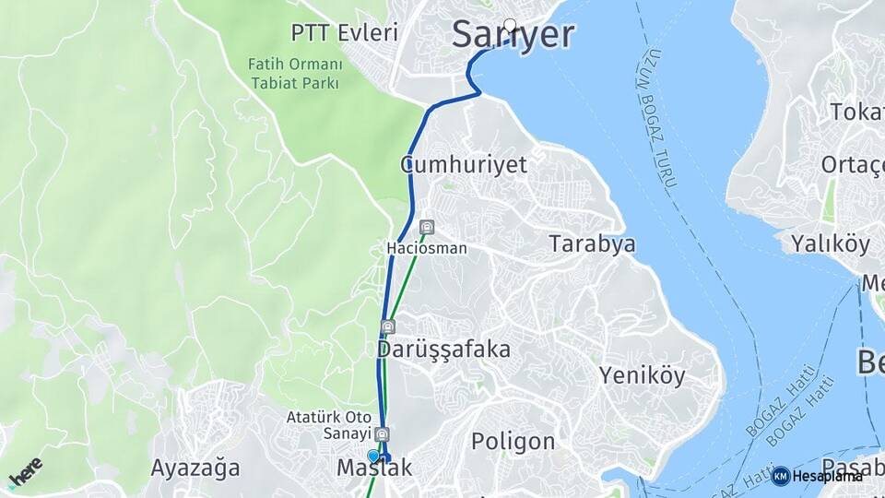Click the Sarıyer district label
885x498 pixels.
click(x=513, y=35)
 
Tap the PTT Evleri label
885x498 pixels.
click(x=344, y=33)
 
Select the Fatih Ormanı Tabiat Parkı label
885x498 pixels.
click(x=294, y=74)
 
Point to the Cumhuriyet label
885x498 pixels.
click(x=464, y=165)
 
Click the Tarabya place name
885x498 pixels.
click(x=592, y=244)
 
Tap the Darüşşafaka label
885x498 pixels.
click(x=443, y=350)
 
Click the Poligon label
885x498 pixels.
click(x=513, y=442)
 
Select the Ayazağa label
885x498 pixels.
click(x=195, y=467)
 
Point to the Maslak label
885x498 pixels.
click(x=374, y=468)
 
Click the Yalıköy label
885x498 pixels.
click(x=830, y=244)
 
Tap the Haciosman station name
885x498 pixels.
click(x=426, y=249)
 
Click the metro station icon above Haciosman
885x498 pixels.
click(x=426, y=228)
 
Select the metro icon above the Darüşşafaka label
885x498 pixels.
click(x=388, y=326)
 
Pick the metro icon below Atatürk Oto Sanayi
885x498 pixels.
click(x=383, y=434)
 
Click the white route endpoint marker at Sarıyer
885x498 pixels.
click(x=510, y=25)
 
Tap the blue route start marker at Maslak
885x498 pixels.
click(x=373, y=456)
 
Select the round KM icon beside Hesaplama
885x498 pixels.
click(x=781, y=476)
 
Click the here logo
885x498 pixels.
click(x=25, y=472)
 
